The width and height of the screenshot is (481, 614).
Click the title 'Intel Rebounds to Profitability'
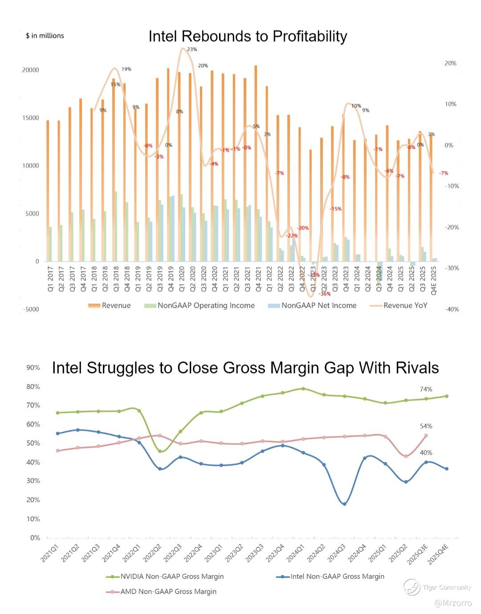coord(248,36)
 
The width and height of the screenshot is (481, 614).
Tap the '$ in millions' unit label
coord(45,36)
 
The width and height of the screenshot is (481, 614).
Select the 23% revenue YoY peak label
coord(192,49)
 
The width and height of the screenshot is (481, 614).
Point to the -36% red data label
coord(325,294)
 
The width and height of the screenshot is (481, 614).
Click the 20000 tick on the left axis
coord(31,70)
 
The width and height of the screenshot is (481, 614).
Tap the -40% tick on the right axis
coord(452,309)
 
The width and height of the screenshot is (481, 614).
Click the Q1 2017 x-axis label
coord(50,279)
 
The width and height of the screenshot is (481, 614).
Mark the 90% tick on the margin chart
coord(33,368)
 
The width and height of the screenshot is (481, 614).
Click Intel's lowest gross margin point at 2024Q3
coord(344,504)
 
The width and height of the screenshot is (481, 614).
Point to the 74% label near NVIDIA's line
coord(426,389)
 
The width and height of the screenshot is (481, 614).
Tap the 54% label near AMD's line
coord(426,426)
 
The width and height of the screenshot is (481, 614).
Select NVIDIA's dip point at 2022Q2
coord(160,451)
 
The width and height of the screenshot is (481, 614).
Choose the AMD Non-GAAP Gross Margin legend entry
coord(168,592)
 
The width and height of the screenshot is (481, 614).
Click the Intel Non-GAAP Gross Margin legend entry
coord(337,577)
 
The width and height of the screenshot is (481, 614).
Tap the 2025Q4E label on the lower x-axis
coord(439,554)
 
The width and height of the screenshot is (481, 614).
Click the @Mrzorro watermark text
coord(453,603)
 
